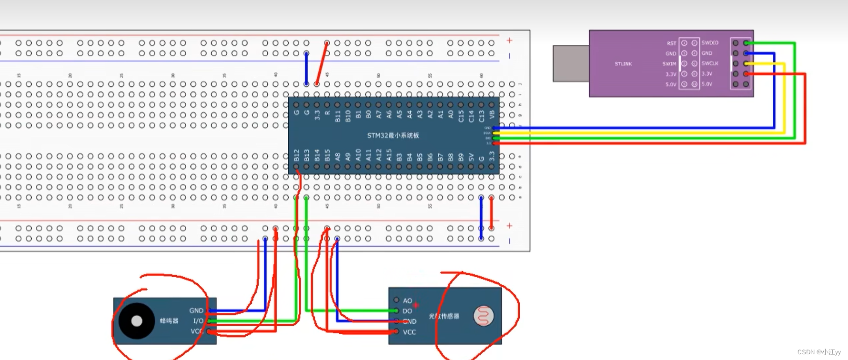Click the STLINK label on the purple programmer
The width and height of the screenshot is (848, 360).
tap(623, 64)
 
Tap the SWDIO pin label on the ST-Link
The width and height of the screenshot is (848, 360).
tap(709, 43)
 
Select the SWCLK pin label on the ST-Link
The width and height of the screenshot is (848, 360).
tap(709, 63)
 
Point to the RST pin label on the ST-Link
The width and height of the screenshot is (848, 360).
tap(671, 43)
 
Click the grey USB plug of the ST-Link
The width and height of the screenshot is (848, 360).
tap(571, 63)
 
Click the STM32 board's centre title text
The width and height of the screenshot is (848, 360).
tap(393, 136)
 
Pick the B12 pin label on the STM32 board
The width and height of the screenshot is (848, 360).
tap(297, 155)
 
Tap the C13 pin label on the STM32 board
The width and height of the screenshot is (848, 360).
tap(482, 116)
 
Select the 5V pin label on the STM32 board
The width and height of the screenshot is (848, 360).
tap(471, 157)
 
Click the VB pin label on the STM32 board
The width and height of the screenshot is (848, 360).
tap(492, 114)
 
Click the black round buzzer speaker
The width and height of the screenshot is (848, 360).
tap(137, 321)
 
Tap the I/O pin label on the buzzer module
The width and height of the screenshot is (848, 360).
tap(198, 321)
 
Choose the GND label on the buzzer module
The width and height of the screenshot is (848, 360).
tap(196, 310)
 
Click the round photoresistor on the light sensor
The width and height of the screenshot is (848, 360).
tap(483, 316)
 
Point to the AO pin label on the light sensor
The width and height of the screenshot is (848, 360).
tap(407, 301)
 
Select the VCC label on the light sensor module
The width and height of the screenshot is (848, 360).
tap(409, 332)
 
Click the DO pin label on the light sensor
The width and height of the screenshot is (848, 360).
tap(407, 311)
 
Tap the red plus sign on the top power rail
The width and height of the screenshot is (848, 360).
tap(509, 40)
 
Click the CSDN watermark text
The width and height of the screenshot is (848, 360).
tap(818, 352)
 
